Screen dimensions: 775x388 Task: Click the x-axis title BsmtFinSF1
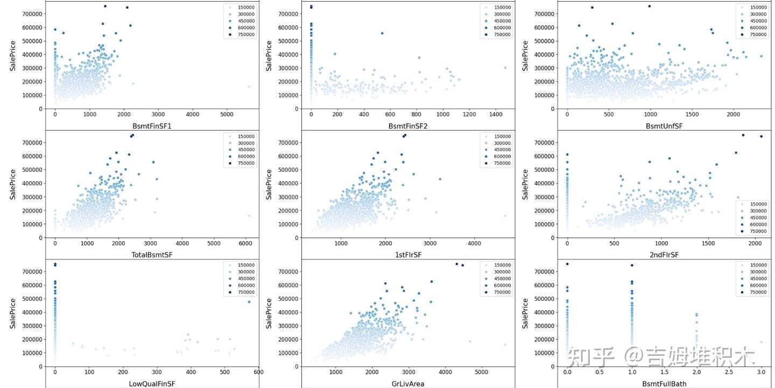152,126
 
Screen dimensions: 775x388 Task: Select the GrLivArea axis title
408,384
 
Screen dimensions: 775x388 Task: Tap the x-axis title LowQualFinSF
152,384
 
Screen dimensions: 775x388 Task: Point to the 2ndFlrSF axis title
664,255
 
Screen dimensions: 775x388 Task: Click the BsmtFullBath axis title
664,384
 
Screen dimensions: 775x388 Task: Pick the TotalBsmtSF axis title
152,255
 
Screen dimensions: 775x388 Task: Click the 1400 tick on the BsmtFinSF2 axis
496,115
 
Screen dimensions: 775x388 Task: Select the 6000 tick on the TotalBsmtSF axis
245,243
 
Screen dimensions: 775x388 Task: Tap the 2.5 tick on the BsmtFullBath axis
729,372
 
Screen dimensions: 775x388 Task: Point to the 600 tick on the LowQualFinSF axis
258,372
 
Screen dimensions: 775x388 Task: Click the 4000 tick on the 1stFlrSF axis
474,243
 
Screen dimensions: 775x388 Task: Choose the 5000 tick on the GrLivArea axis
481,372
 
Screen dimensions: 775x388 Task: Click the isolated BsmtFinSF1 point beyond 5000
249,87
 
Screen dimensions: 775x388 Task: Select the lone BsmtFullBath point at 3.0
761,342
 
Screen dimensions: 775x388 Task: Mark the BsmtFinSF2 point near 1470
505,68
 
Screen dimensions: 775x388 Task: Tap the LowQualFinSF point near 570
249,302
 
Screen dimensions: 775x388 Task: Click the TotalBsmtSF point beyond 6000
249,216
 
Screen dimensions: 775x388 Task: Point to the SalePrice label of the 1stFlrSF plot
269,185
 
